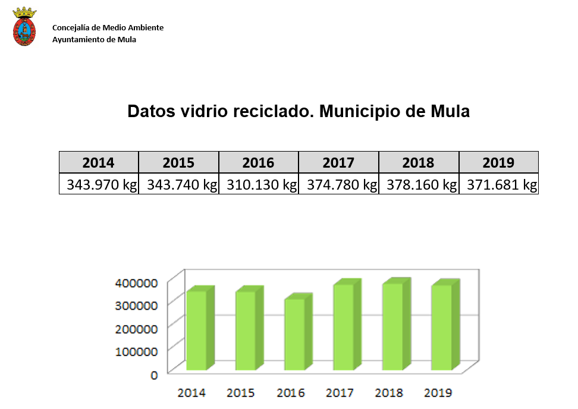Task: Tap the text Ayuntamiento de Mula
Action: pos(94,40)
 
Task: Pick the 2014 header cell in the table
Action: pos(99,162)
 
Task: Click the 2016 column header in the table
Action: pos(259,162)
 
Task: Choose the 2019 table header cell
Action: pos(498,162)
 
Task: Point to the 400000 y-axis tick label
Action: pos(137,283)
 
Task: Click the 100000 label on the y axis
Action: pos(137,351)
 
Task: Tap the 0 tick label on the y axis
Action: pos(154,375)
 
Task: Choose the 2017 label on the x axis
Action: pos(340,393)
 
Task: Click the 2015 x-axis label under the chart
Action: pos(240,393)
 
